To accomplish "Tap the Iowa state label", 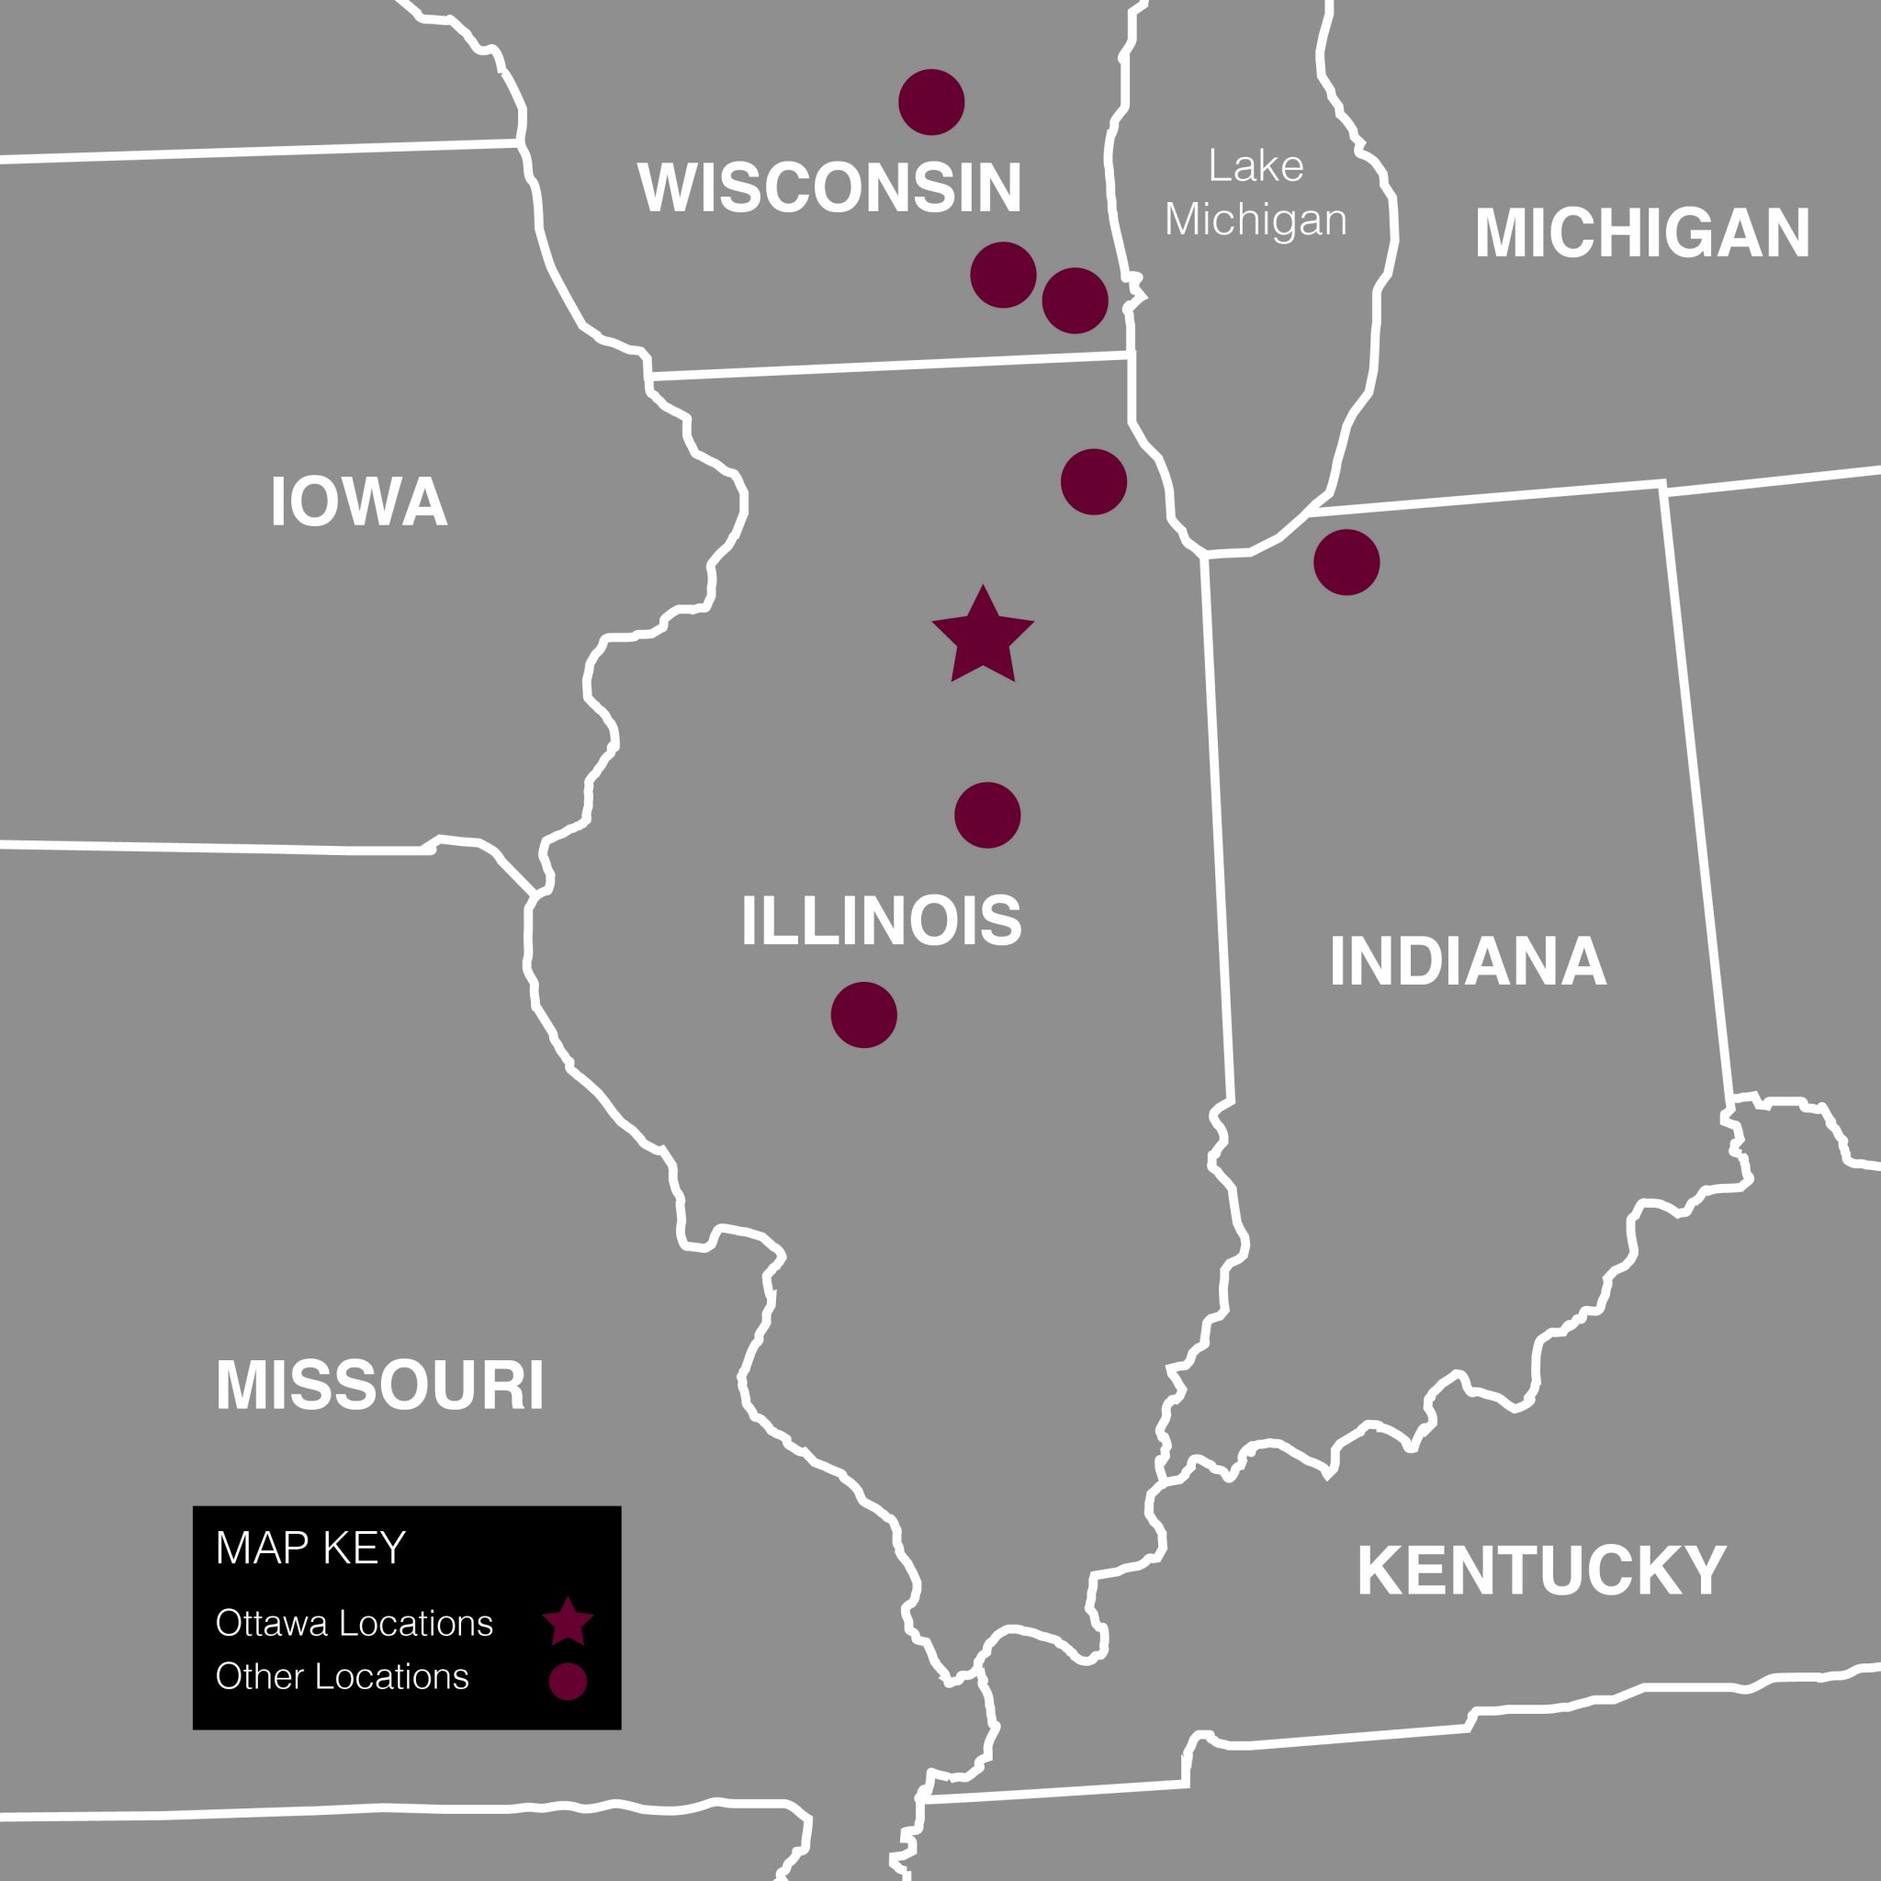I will point(359,501).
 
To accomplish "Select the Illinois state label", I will point(881,920).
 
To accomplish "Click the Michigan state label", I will point(1642,233).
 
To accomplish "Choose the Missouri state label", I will point(379,1385).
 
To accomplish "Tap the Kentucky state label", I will point(1542,1571).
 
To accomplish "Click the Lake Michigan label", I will point(1256,193).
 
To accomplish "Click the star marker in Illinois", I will point(983,637).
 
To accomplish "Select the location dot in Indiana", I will point(1346,563).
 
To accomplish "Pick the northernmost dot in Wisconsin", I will point(931,102).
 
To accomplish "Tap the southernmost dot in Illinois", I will point(863,1016).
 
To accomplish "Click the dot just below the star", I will point(987,815).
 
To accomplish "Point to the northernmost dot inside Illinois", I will point(1093,482).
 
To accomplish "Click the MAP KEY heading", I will point(310,1547).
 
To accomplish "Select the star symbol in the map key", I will point(568,1622).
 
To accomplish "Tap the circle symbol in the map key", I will point(568,1682).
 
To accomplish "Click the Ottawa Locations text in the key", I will point(355,1623).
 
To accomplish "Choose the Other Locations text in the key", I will point(343,1676).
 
